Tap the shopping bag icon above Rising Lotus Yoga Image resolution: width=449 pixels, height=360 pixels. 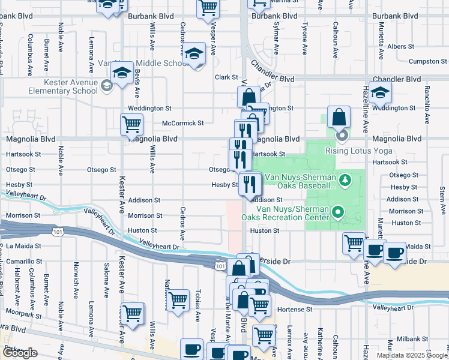(339, 117)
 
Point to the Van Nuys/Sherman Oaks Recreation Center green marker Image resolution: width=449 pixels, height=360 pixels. (338, 211)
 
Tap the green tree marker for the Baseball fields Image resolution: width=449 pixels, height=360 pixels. (345, 179)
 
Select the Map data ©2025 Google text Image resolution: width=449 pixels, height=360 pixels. (412, 355)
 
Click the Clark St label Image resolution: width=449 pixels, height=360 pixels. (227, 77)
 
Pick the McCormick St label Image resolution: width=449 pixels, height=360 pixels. (183, 123)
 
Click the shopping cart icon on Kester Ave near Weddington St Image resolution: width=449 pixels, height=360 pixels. (131, 125)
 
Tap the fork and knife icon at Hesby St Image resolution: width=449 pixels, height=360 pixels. (250, 184)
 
